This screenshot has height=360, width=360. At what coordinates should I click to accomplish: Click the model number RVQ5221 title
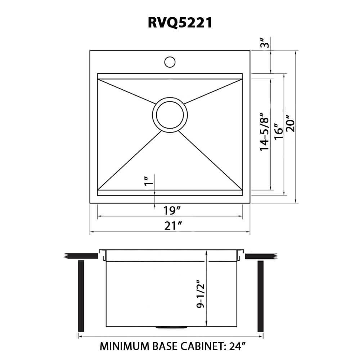click(x=180, y=23)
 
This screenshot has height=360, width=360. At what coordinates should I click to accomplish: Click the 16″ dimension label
click(x=278, y=134)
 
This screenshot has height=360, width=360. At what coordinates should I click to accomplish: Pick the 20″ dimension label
click(x=291, y=124)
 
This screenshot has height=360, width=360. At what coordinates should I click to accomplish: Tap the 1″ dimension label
click(x=146, y=181)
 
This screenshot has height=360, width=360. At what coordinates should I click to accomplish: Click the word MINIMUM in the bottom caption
click(x=124, y=346)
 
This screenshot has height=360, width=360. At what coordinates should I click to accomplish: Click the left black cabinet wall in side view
click(x=81, y=296)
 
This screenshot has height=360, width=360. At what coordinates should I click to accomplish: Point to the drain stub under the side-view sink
click(x=171, y=327)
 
